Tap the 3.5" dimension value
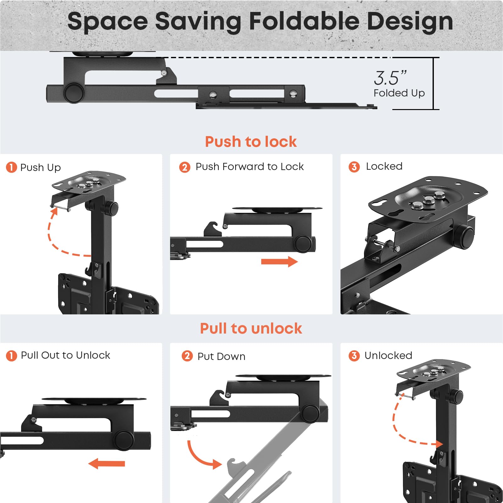(390, 78)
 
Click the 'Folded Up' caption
(399, 93)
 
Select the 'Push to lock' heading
(251, 141)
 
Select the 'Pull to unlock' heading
(251, 329)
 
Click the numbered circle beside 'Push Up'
(12, 167)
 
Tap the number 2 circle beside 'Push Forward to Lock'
(185, 167)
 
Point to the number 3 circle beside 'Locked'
(354, 167)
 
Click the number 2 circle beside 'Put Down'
(187, 356)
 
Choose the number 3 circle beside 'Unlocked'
(354, 356)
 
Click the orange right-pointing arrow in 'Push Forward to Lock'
(279, 262)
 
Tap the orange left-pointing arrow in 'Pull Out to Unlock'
(107, 463)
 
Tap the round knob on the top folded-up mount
(74, 93)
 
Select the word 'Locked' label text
(384, 166)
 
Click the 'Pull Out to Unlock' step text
(65, 355)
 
